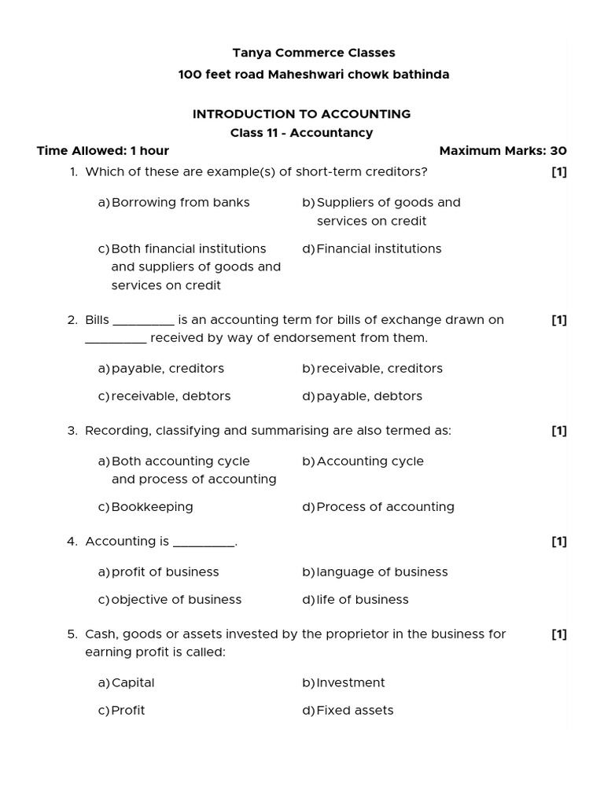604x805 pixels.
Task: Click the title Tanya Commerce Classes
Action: point(313,53)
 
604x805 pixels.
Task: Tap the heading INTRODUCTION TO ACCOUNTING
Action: point(301,114)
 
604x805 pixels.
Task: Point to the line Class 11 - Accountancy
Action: point(301,133)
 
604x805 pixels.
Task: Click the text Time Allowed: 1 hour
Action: point(103,151)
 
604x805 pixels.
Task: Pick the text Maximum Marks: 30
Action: point(503,151)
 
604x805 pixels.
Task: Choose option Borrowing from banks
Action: point(180,203)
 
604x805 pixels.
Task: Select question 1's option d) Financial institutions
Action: point(378,249)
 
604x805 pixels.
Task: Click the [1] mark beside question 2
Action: point(558,320)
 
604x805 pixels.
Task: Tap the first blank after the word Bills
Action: point(143,321)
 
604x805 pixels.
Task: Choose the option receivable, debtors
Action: point(171,396)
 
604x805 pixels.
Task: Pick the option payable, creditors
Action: point(168,369)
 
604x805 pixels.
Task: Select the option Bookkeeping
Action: point(152,507)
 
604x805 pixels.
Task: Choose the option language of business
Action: point(381,572)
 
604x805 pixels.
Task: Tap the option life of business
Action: point(362,600)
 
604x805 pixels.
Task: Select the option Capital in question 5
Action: point(133,683)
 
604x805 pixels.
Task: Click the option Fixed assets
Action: point(354,711)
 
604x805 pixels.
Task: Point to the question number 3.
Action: point(72,431)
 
